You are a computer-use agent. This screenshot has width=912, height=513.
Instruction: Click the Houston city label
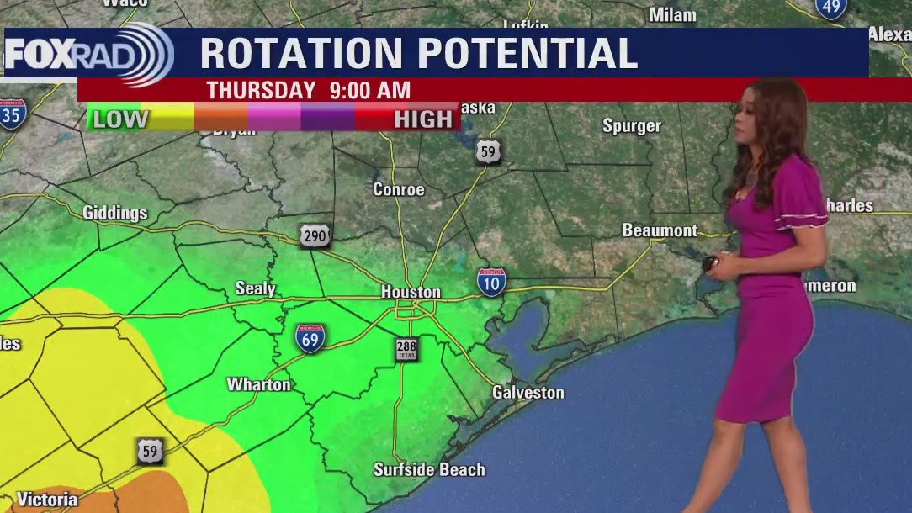[x=411, y=292]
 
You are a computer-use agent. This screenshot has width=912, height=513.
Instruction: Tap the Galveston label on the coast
[x=528, y=393]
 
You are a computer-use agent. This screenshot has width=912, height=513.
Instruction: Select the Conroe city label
[x=399, y=189]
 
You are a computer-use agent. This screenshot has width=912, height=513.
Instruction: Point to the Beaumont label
[x=660, y=230]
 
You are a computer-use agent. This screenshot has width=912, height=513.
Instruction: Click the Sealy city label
[x=255, y=288]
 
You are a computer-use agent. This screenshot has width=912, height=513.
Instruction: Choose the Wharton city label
[x=259, y=384]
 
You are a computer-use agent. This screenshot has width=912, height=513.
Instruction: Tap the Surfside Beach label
[x=429, y=469]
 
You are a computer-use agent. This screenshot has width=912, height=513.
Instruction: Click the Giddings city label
[x=115, y=213]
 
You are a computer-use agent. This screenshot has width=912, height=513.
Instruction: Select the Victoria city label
[x=47, y=500]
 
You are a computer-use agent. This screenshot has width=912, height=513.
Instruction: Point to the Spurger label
[x=632, y=126]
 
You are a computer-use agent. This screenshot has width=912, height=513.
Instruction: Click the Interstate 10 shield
[x=491, y=281]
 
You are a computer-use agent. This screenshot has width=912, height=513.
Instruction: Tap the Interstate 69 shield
[x=310, y=338]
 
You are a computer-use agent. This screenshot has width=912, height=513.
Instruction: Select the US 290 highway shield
[x=315, y=236]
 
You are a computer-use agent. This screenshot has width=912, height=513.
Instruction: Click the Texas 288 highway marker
[x=406, y=349]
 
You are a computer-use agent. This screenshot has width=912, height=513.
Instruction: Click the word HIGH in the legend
[x=423, y=119]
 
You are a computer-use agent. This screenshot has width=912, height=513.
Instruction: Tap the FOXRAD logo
[x=88, y=54]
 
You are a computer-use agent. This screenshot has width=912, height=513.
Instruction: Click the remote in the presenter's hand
[x=710, y=263]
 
